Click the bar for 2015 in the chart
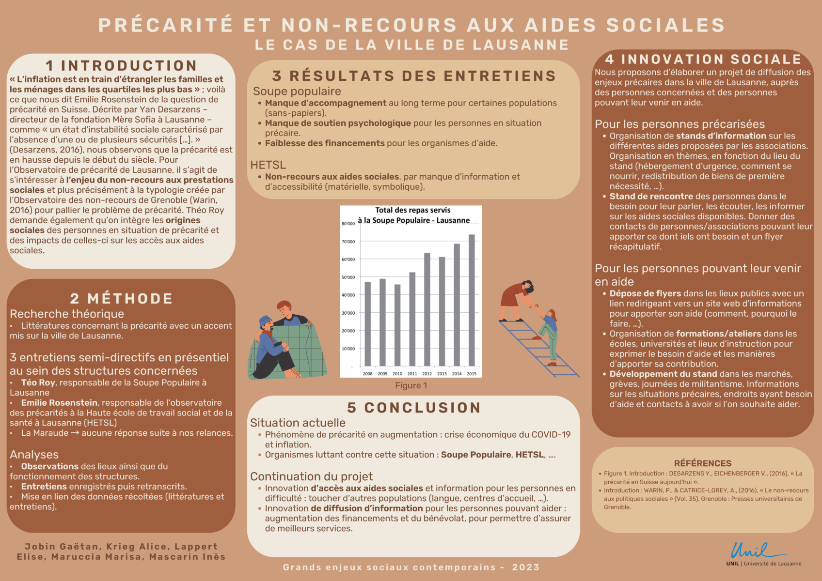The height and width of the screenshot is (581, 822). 472,300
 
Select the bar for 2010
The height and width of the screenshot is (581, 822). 397,325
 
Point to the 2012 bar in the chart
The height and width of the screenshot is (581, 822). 427,309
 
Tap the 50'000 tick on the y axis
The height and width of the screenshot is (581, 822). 348,277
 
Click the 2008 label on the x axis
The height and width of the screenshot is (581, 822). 368,374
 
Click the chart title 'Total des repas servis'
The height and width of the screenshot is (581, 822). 413,210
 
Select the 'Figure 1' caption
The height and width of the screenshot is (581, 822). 411,385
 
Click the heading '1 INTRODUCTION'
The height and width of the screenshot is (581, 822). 121,65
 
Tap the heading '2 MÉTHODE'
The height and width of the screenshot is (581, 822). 121,298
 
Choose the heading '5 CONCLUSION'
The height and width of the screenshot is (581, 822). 414,408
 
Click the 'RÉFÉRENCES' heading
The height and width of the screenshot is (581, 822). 703,463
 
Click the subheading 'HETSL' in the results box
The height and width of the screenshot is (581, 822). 268,165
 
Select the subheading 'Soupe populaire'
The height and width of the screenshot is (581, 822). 297,91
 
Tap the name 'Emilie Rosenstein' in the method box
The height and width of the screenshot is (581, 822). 59,403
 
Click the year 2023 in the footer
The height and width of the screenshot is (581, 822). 526,567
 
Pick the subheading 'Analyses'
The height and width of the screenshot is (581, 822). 34,455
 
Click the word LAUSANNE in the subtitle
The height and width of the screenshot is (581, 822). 521,45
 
